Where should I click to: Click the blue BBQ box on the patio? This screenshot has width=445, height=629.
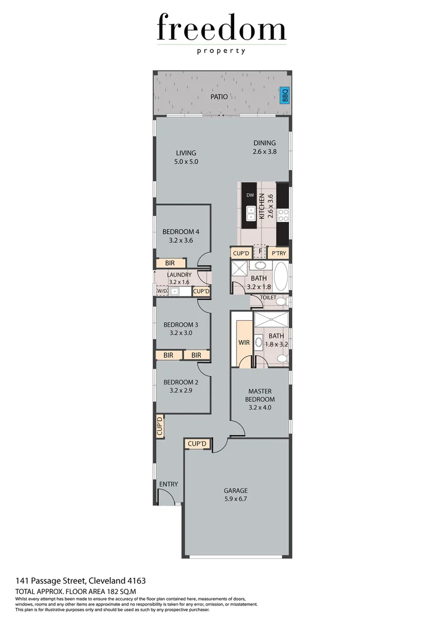[285, 94]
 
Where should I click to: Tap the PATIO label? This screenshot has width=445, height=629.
[220, 97]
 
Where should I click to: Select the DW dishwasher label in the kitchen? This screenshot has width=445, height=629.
[250, 195]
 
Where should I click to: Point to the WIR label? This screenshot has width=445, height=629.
[244, 342]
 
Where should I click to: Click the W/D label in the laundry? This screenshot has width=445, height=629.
[161, 291]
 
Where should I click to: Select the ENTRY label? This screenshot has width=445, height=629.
[168, 484]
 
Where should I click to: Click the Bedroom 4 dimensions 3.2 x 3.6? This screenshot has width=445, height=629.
[181, 239]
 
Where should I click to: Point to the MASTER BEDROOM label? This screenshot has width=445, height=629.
[261, 395]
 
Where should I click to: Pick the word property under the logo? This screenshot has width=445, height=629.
[221, 51]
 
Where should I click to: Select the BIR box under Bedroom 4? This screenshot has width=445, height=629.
[169, 263]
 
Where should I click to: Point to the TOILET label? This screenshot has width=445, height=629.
[268, 297]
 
